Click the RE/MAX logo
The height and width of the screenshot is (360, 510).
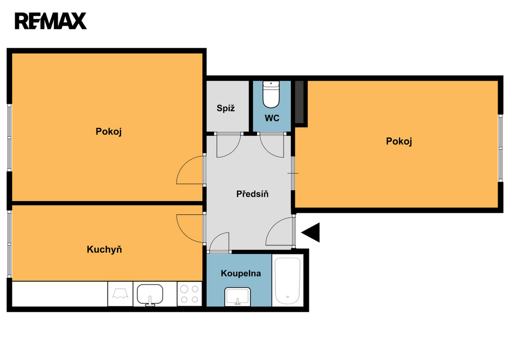(50, 21)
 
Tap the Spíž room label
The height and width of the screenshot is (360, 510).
(226, 108)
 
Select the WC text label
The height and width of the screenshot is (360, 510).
(272, 118)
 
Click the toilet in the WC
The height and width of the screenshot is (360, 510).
(271, 94)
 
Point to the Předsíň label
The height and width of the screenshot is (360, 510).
(253, 194)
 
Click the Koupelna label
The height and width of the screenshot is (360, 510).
(241, 273)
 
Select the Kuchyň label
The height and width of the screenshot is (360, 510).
(105, 249)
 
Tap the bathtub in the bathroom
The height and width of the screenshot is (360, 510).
(287, 281)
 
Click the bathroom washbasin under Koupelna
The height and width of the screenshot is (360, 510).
(238, 297)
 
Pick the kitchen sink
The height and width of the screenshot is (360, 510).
(149, 295)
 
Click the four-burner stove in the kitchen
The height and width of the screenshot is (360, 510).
(190, 294)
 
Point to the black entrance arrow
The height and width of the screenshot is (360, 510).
(311, 232)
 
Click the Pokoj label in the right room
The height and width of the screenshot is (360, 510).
(399, 141)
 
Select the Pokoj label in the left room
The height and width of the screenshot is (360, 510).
(109, 132)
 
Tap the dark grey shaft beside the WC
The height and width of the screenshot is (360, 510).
(299, 102)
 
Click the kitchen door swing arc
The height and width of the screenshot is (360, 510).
(184, 234)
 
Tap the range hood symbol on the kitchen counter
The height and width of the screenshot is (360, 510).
(121, 294)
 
